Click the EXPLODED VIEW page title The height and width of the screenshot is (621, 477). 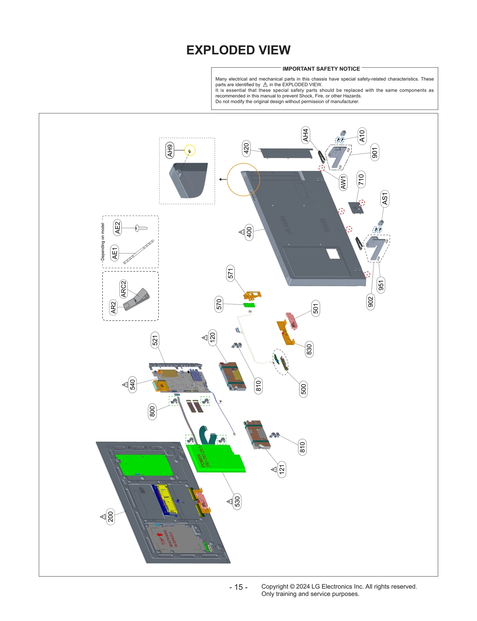(238, 50)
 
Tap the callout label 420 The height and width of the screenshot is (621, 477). (246, 148)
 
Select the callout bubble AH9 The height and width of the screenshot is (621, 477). (170, 150)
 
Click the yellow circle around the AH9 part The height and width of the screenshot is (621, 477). (190, 150)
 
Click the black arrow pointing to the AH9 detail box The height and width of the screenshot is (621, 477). (222, 179)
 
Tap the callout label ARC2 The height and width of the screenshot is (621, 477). (123, 289)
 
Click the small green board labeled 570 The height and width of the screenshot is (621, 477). (250, 305)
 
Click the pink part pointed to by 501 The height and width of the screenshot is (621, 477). (291, 321)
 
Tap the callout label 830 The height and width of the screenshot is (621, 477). (309, 349)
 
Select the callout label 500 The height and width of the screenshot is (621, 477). (303, 389)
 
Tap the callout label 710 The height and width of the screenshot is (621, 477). (361, 179)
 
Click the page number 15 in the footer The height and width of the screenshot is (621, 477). (238, 587)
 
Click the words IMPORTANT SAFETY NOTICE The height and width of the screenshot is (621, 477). (321, 69)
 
